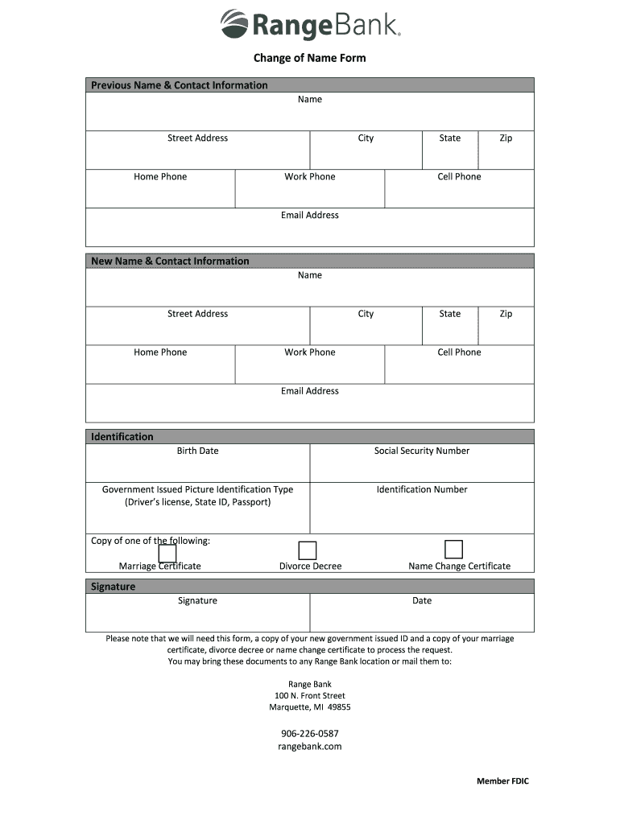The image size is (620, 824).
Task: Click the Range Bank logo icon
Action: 234,24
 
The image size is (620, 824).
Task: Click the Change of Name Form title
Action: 310,58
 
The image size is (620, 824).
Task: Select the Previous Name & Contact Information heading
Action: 179,85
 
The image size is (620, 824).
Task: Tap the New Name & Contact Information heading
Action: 170,261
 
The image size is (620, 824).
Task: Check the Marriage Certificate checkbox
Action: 167,554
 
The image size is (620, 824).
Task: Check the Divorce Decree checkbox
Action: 308,550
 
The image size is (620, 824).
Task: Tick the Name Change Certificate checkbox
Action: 454,550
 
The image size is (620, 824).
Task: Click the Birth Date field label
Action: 197,451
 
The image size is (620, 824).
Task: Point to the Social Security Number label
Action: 421,451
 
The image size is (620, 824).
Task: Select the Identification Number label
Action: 421,489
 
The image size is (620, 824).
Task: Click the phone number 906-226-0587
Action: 310,733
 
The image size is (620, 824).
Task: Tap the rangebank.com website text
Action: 310,746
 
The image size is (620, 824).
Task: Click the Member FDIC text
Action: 502,781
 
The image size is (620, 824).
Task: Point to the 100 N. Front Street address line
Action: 310,695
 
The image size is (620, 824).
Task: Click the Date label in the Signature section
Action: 422,600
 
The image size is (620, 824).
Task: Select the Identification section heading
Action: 122,437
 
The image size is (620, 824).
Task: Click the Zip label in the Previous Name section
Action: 506,138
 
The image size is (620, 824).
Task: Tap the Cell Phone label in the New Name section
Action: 459,352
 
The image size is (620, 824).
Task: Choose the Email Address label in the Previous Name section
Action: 310,216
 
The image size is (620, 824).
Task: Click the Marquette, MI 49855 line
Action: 310,707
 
